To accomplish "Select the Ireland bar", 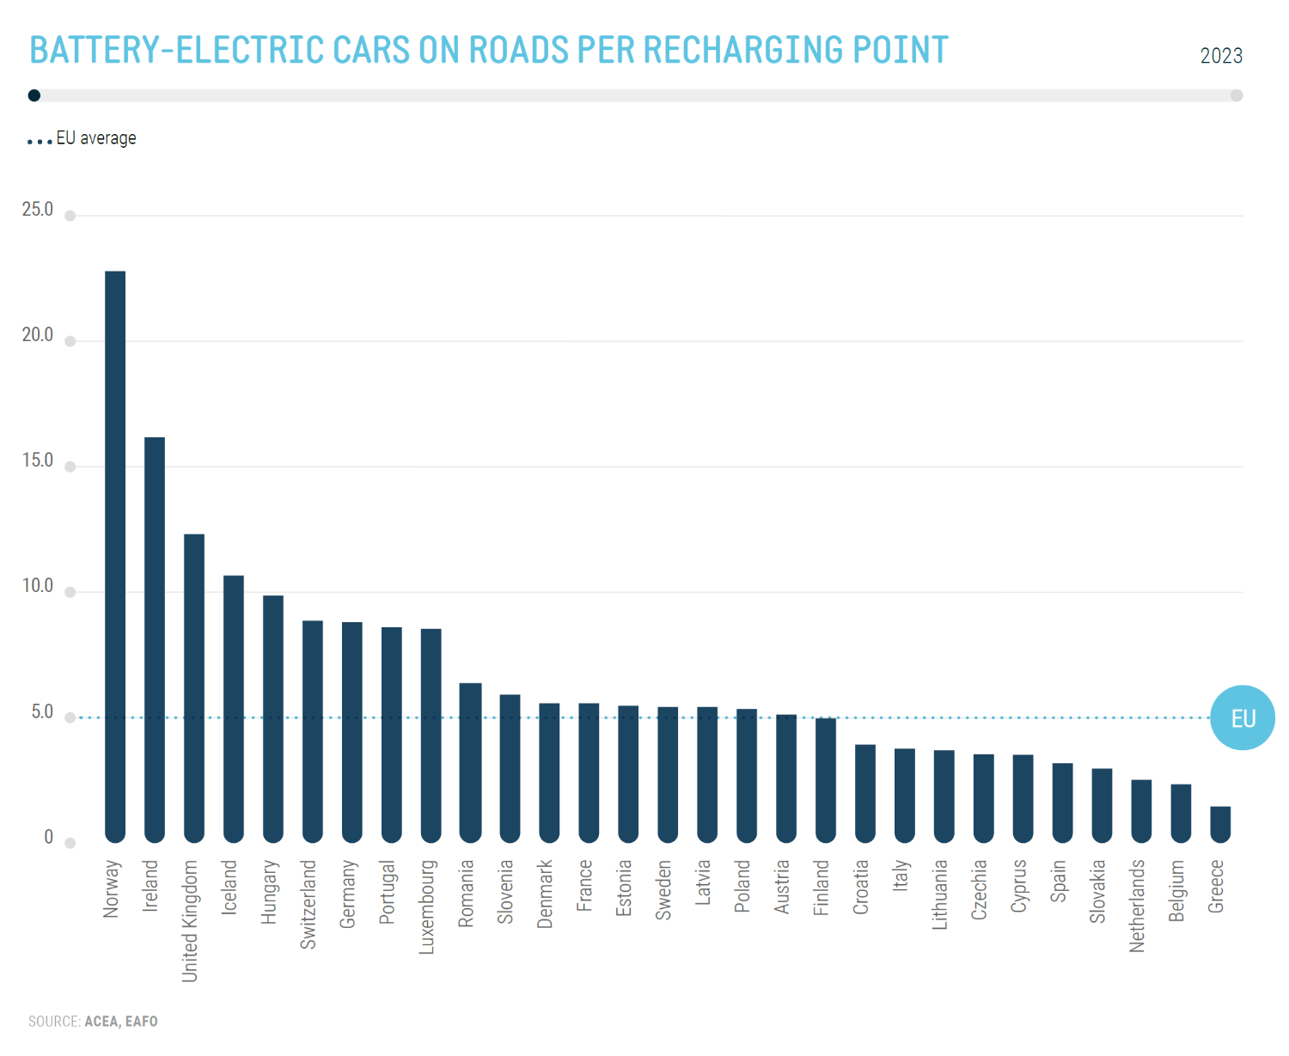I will [155, 640].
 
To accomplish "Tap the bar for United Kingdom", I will [194, 687].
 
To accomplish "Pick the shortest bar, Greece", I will [1220, 824].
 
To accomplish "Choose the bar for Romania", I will [470, 762].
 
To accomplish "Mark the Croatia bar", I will [865, 793].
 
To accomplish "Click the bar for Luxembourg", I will [431, 736].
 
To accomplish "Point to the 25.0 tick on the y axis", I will [37, 210].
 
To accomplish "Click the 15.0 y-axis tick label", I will [37, 461].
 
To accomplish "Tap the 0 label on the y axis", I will [48, 838].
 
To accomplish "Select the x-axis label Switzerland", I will [309, 904].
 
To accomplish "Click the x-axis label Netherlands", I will [1137, 906].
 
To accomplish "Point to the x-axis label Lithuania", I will [939, 894].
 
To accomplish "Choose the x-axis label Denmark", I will [545, 894].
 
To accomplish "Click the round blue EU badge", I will [1243, 717].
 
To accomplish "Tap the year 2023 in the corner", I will [1221, 56].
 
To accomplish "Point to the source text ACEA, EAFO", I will [121, 1022].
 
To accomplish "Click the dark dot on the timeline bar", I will [34, 95].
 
